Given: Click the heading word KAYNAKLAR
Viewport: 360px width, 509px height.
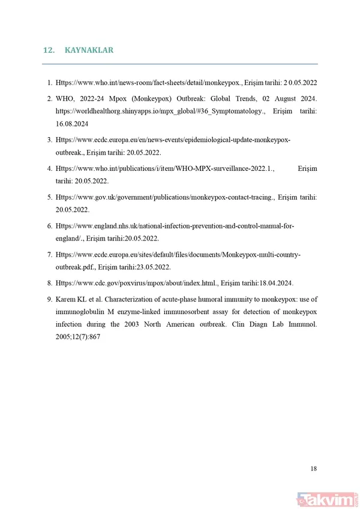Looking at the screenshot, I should [x=89, y=50].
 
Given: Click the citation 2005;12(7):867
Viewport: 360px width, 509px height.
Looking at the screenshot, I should [x=77, y=337].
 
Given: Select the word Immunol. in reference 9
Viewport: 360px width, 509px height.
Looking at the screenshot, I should [x=302, y=324].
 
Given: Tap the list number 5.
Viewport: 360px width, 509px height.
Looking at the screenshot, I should [x=50, y=197].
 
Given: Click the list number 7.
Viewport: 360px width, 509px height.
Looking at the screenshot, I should [x=50, y=255].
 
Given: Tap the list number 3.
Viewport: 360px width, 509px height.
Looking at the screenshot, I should [x=50, y=140].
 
